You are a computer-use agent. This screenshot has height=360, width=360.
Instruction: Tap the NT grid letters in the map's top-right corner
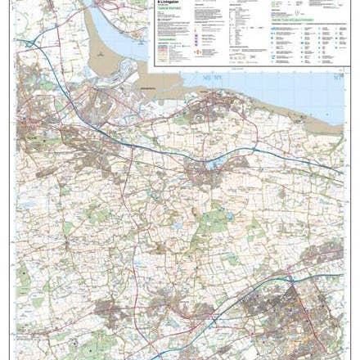point(338,75)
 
